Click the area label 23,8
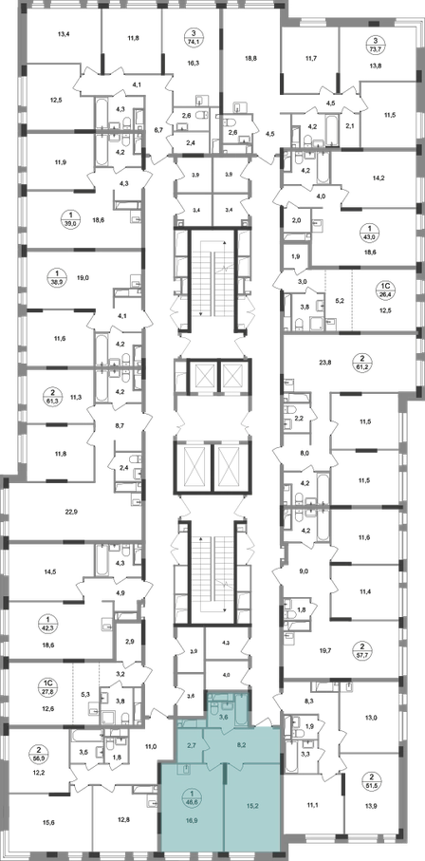point(324,362)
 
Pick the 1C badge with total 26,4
point(385,289)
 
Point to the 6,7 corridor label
point(158,130)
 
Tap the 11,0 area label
point(151,746)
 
